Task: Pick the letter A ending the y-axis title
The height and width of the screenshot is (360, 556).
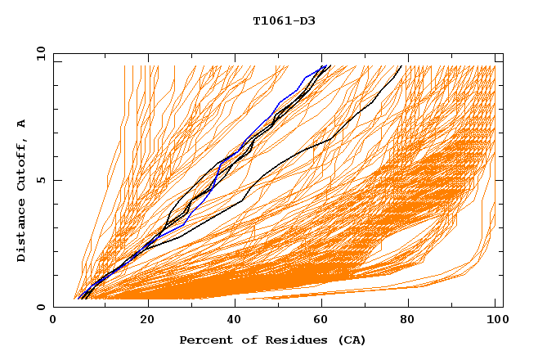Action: [x=21, y=124]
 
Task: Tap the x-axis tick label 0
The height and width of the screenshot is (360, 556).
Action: [x=53, y=322]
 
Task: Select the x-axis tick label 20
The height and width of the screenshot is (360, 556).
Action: [x=147, y=322]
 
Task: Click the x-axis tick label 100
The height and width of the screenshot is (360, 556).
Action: [x=495, y=322]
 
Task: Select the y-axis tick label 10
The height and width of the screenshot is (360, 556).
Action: [x=39, y=53]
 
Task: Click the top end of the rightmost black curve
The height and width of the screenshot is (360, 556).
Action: [x=401, y=66]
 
